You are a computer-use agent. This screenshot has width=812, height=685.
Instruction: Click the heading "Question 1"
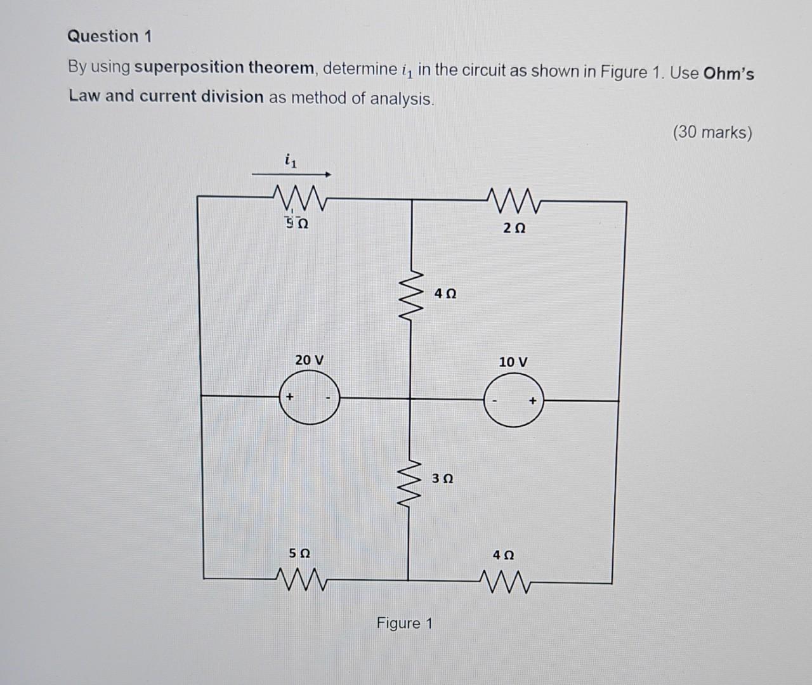(110, 37)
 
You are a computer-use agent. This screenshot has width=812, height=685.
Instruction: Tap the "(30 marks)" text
(712, 133)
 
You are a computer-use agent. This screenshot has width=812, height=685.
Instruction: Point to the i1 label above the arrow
(290, 162)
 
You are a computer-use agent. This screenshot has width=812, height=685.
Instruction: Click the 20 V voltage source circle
(309, 398)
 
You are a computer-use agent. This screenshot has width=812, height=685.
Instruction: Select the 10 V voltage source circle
(514, 400)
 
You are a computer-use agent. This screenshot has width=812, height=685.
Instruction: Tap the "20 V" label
(309, 360)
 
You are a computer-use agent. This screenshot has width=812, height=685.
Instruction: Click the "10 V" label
(513, 362)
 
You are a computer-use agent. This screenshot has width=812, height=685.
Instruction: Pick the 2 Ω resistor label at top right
(514, 228)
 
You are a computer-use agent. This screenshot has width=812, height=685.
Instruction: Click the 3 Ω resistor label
(443, 479)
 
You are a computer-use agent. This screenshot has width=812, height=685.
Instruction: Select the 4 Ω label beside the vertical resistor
(445, 294)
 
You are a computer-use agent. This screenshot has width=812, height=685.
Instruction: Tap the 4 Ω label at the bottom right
(504, 555)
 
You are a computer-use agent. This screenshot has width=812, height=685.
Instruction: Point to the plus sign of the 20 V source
(289, 396)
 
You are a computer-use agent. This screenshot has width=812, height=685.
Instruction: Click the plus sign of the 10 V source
(533, 400)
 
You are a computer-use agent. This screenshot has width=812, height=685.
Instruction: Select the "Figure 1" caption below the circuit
(404, 623)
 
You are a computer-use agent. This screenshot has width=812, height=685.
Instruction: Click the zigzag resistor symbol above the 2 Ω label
(514, 201)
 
